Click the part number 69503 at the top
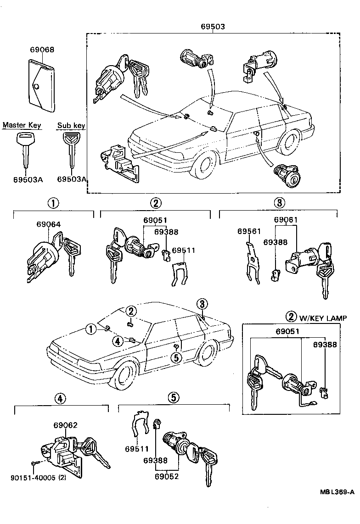(x=212, y=27)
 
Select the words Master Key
(x=22, y=125)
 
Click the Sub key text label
(x=71, y=125)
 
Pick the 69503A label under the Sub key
(x=72, y=179)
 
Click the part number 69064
(x=48, y=224)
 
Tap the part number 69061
(x=286, y=220)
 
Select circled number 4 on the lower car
(x=118, y=341)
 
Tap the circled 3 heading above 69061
(x=279, y=202)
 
